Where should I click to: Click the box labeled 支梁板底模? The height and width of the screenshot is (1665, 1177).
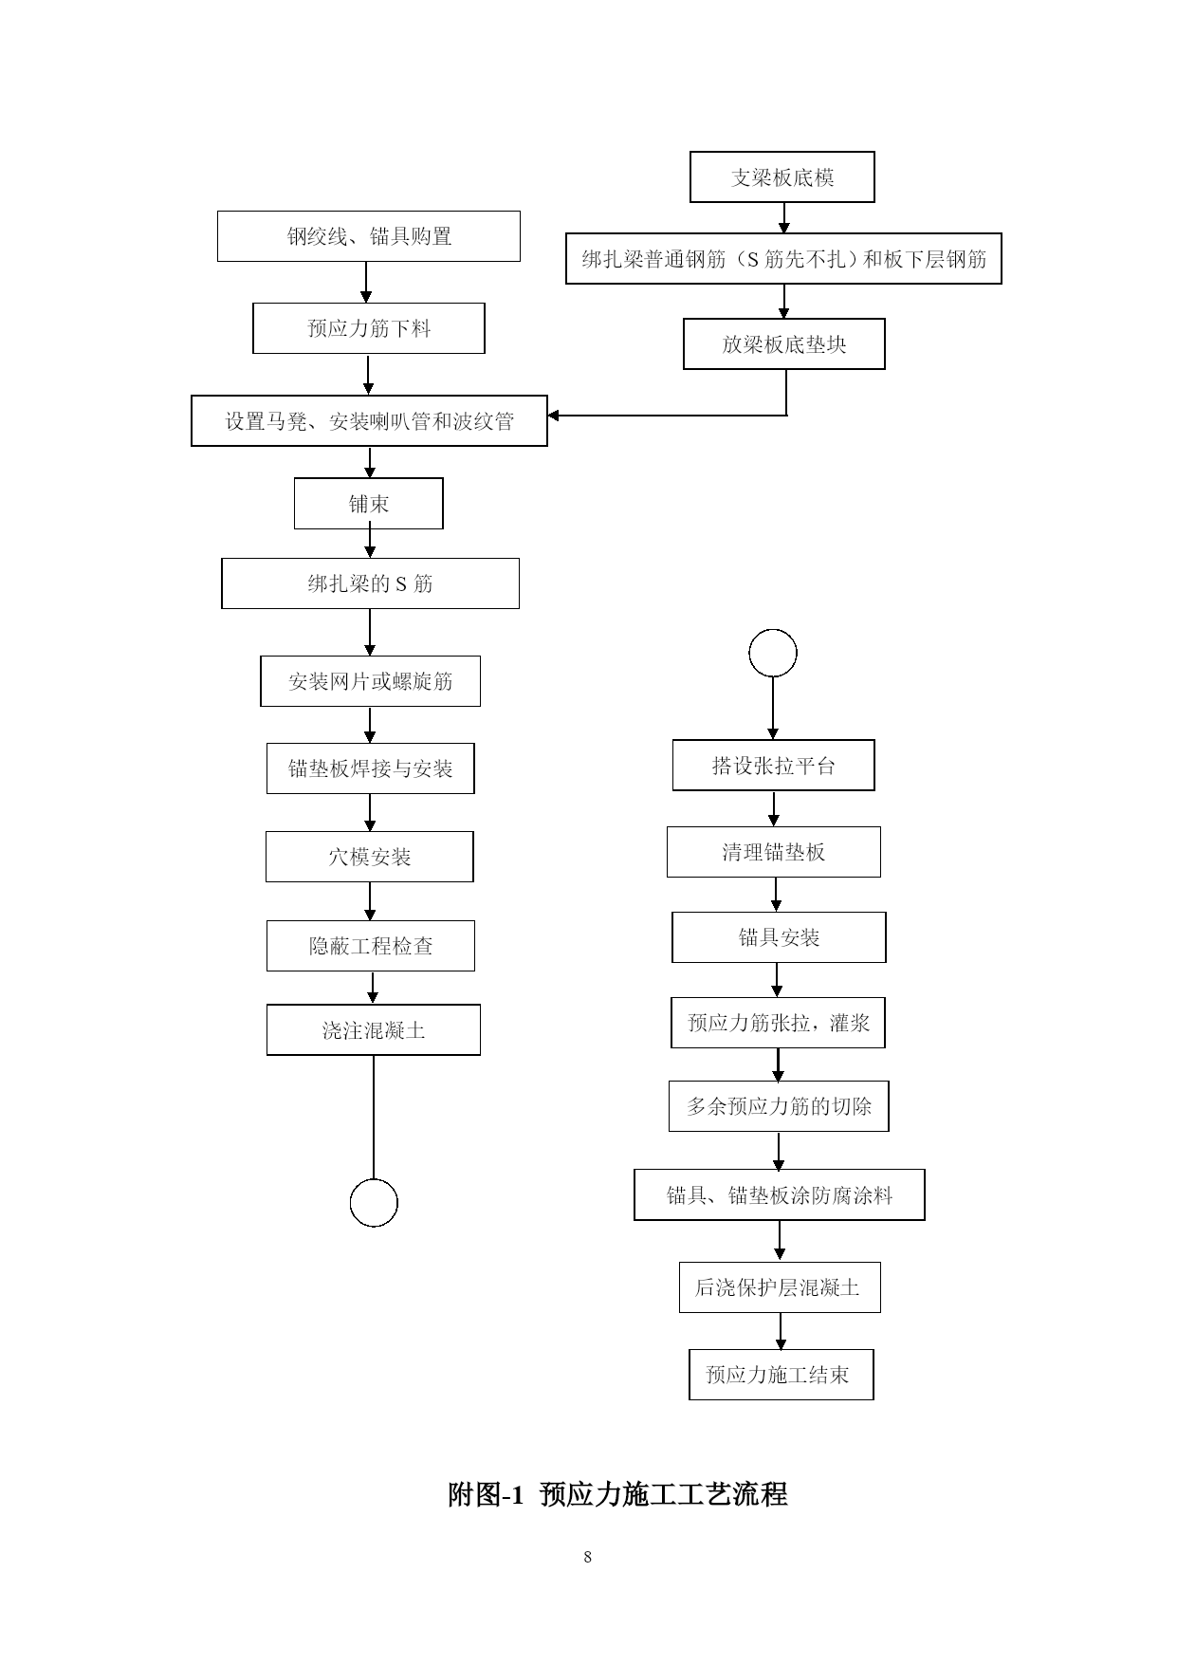(x=782, y=177)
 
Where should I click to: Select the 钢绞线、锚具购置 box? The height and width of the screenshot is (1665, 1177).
(x=369, y=236)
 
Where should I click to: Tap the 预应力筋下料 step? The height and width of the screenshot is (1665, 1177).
(x=369, y=328)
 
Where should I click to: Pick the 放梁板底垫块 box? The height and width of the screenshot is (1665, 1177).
(x=784, y=343)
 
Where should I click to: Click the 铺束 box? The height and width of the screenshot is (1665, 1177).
(x=369, y=504)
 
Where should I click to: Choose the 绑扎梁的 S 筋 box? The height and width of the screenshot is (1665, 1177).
(x=370, y=583)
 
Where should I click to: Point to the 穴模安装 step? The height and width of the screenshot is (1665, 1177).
(x=370, y=857)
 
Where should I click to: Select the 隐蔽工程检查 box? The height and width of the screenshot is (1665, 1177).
(x=371, y=946)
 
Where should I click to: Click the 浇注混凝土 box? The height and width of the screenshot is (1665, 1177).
(x=374, y=1030)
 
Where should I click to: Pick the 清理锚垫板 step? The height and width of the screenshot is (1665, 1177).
(x=774, y=852)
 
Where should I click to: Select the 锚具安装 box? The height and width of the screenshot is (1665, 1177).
(x=779, y=937)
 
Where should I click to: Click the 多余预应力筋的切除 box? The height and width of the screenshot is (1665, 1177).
(x=779, y=1106)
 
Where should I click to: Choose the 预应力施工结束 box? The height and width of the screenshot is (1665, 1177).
(x=782, y=1375)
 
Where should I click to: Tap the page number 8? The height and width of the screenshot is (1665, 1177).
(x=588, y=1557)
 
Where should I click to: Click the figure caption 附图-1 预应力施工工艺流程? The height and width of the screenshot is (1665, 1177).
(x=617, y=1495)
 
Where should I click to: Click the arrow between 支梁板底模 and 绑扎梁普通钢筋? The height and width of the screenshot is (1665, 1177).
(x=784, y=218)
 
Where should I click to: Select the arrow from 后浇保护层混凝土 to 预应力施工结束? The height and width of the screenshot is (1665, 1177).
(x=781, y=1331)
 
